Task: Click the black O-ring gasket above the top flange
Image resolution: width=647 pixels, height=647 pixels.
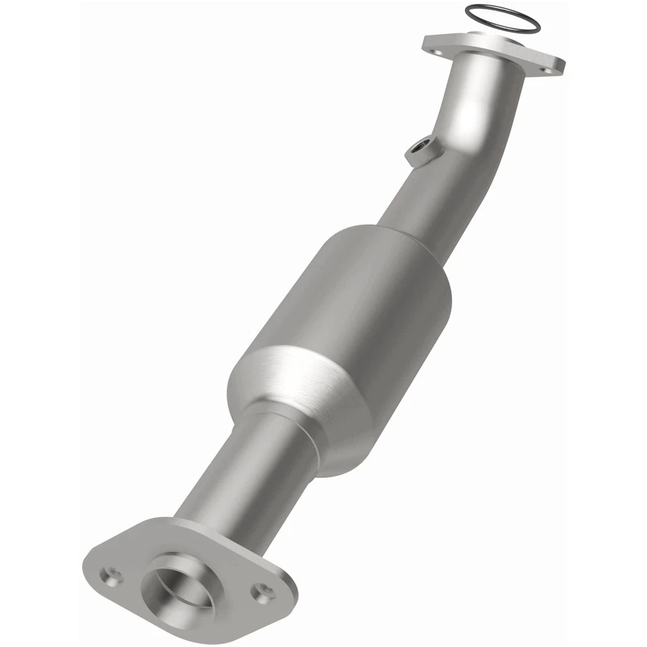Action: click(502, 9)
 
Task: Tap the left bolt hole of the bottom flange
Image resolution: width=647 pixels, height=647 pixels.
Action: click(111, 575)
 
